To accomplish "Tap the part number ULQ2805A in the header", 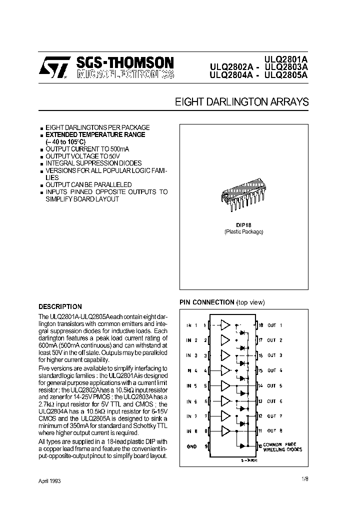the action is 286,75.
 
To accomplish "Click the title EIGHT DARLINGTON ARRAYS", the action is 241,102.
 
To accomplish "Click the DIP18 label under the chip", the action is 243,225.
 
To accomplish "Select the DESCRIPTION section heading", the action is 60,306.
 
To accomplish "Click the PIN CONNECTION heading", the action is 207,302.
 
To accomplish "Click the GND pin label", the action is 191,446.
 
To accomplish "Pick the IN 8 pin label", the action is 191,431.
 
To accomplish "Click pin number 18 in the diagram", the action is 260,325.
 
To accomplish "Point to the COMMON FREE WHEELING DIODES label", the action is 283,447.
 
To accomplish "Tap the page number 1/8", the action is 305,479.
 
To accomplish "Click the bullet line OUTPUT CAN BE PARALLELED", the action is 88,185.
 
